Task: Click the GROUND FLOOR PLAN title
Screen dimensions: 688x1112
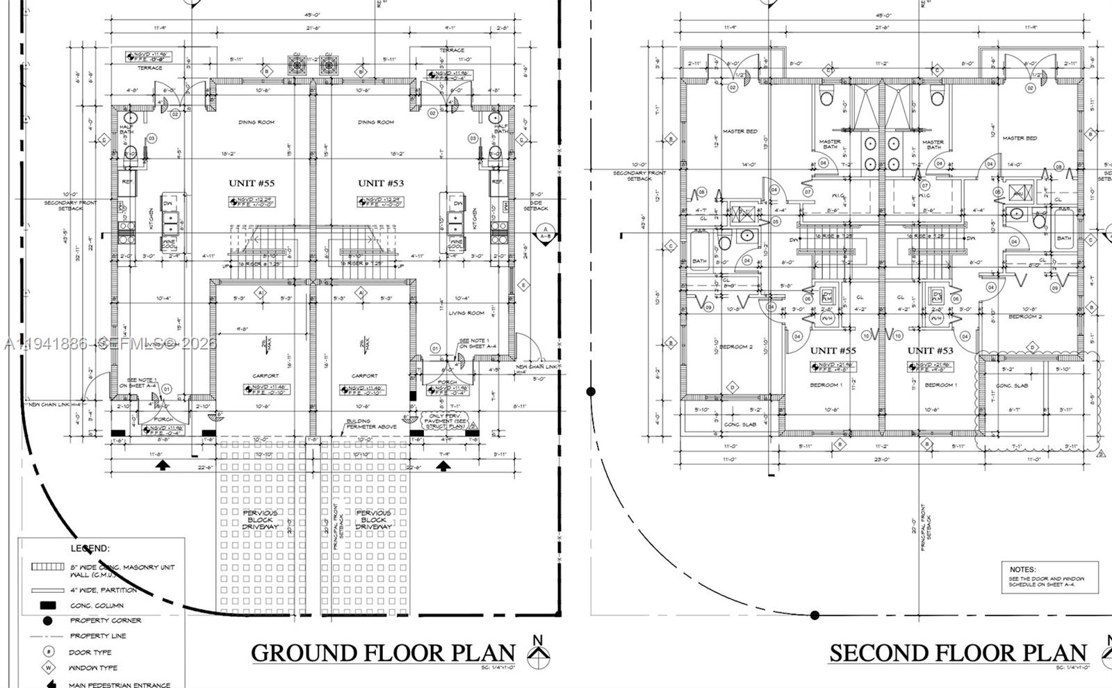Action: (x=383, y=653)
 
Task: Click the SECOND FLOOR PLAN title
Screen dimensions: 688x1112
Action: (x=958, y=653)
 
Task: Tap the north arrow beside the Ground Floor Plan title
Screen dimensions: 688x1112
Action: (x=537, y=653)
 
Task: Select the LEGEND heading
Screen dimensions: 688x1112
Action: (x=90, y=548)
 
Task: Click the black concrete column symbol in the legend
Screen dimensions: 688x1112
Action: (x=48, y=605)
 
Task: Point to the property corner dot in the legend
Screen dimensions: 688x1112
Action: (x=47, y=621)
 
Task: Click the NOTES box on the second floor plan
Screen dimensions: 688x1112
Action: (x=1049, y=578)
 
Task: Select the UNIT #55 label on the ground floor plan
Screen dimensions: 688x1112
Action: (x=252, y=183)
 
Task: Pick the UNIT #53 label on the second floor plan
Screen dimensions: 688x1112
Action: (x=930, y=350)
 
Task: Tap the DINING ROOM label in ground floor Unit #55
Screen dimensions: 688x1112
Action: (x=256, y=122)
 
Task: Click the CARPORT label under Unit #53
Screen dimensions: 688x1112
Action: (x=364, y=376)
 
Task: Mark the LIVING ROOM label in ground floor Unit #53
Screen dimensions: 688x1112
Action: (x=466, y=313)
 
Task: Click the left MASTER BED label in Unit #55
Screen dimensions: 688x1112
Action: (x=739, y=131)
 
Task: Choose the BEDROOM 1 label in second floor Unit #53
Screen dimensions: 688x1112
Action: (x=941, y=385)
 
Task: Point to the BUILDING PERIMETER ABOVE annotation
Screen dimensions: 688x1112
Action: (x=372, y=424)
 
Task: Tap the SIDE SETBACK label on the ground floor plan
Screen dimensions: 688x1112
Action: (x=535, y=205)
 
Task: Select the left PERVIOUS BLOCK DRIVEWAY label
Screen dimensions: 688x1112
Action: (x=260, y=520)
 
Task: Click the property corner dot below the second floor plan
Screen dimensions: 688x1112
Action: (x=815, y=615)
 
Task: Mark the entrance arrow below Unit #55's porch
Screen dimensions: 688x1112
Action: (x=162, y=466)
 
